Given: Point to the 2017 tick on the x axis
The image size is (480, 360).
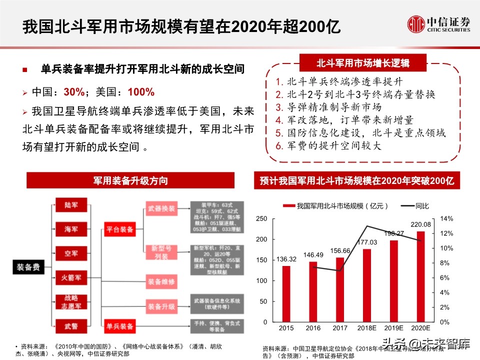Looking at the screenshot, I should pyautogui.click(x=339, y=327).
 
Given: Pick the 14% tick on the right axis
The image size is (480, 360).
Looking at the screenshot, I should pyautogui.click(x=446, y=219).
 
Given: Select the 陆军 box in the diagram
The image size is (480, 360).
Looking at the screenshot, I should pyautogui.click(x=70, y=205).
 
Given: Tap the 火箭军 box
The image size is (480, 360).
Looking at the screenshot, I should pyautogui.click(x=70, y=276).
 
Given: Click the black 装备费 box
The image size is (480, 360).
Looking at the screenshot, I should pyautogui.click(x=29, y=267).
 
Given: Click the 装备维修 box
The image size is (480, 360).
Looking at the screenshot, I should pyautogui.click(x=161, y=281).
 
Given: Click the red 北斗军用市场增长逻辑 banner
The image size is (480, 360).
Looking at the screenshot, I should pyautogui.click(x=363, y=63).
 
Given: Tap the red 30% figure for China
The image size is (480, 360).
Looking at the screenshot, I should pyautogui.click(x=73, y=92).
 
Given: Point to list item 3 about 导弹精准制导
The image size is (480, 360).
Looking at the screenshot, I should pyautogui.click(x=328, y=107).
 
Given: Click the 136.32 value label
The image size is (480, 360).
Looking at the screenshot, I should pyautogui.click(x=286, y=259).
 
